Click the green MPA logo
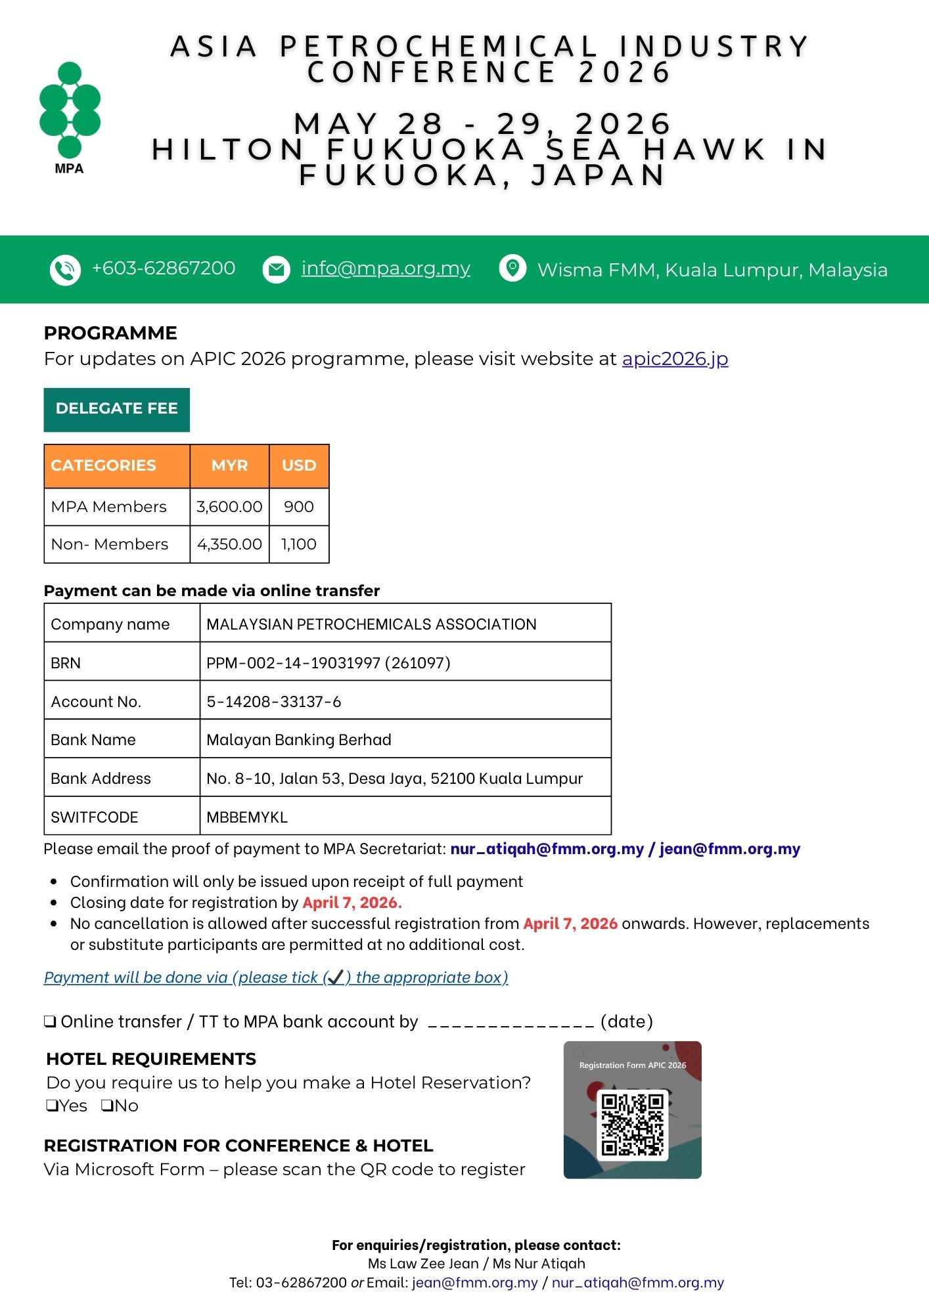pyautogui.click(x=70, y=112)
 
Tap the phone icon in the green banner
pyautogui.click(x=65, y=270)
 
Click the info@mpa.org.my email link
pyautogui.click(x=386, y=269)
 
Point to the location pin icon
pyautogui.click(x=512, y=269)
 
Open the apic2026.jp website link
pyautogui.click(x=675, y=359)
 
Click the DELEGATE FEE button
pyautogui.click(x=116, y=409)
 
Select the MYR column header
pyautogui.click(x=229, y=465)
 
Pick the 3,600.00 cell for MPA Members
pyautogui.click(x=229, y=507)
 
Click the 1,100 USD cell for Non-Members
pyautogui.click(x=299, y=544)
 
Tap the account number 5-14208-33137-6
pyautogui.click(x=273, y=702)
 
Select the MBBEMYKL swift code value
pyautogui.click(x=247, y=817)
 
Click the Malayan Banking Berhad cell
pyautogui.click(x=299, y=740)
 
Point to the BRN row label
pyautogui.click(x=66, y=663)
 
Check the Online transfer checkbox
pyautogui.click(x=50, y=1022)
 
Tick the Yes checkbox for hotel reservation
pyautogui.click(x=52, y=1106)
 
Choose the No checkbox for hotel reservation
pyautogui.click(x=107, y=1106)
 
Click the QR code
pyautogui.click(x=632, y=1125)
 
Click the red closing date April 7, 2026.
pyautogui.click(x=352, y=903)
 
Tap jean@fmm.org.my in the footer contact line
pyautogui.click(x=474, y=1282)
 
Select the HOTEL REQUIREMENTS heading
pyautogui.click(x=151, y=1059)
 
